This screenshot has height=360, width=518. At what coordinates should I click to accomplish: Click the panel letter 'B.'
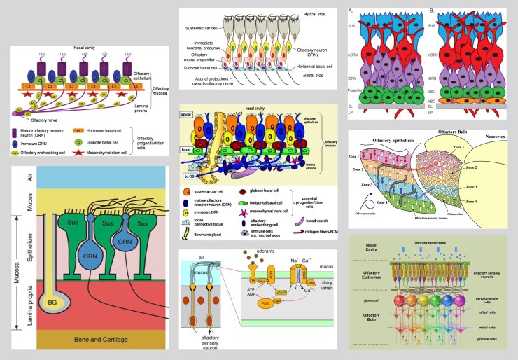422,9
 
